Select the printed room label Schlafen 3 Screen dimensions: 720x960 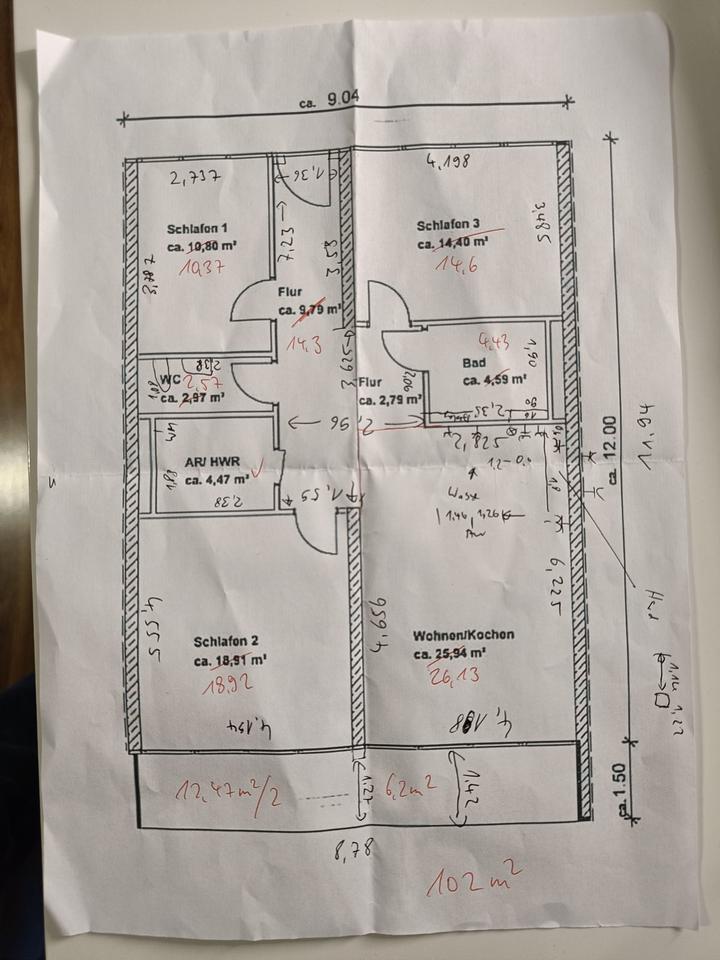point(449,224)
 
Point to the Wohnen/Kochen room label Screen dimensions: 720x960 point(463,635)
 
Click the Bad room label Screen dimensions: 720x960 point(473,363)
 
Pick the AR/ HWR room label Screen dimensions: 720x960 point(208,464)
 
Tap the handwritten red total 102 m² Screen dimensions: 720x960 point(474,880)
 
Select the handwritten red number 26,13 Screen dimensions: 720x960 point(455,677)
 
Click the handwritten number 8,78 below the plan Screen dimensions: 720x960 point(356,851)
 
